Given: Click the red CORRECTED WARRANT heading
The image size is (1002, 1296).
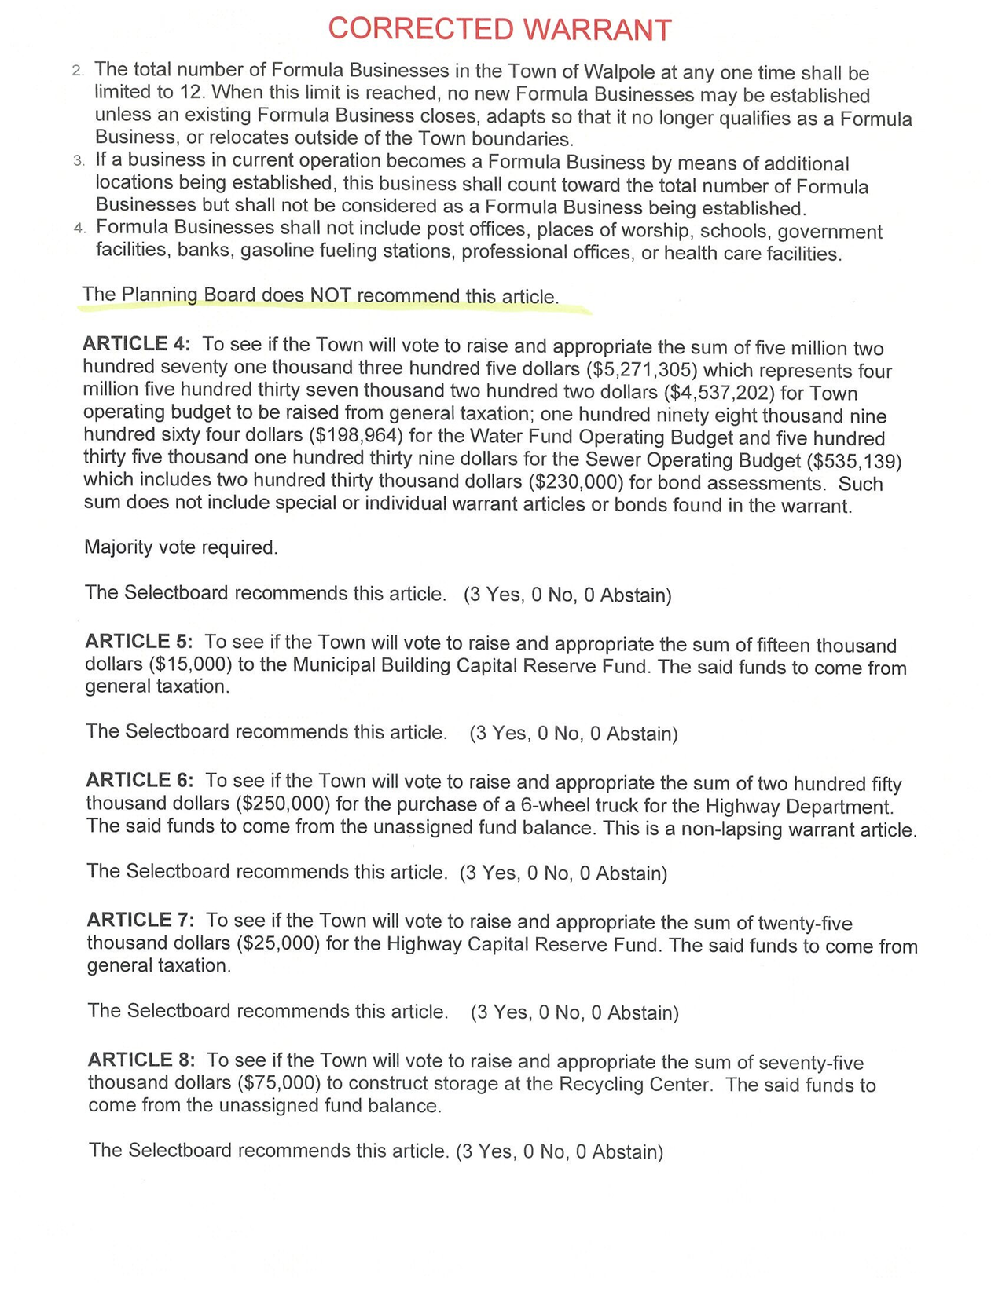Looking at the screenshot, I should [x=500, y=29].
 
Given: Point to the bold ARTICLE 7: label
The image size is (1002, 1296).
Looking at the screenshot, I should [x=141, y=920].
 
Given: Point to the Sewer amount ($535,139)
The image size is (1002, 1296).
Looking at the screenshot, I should [x=850, y=459].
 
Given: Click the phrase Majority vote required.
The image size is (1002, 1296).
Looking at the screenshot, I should [x=181, y=547].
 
